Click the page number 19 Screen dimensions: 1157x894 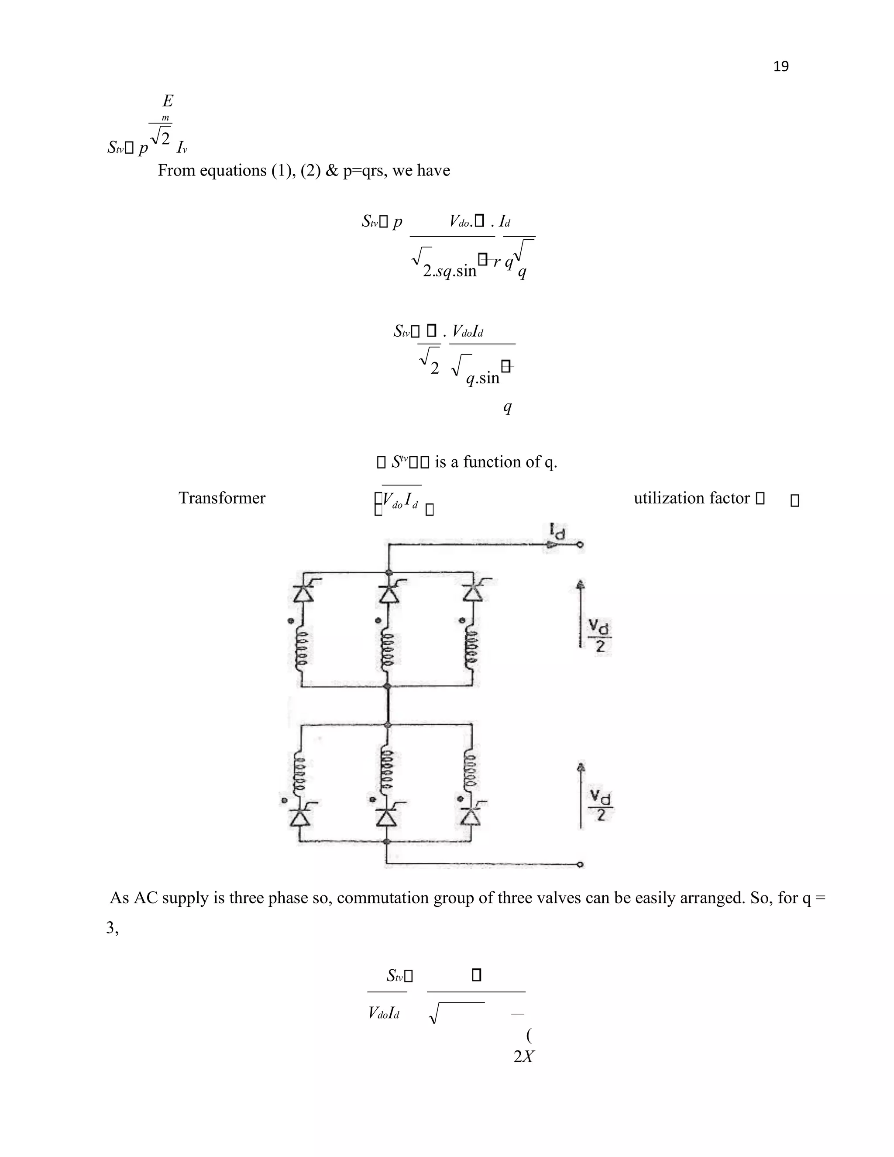tap(781, 66)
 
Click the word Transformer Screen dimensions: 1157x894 tap(222, 498)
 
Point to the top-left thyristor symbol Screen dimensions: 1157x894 tap(303, 593)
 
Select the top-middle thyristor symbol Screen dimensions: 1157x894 tap(389, 593)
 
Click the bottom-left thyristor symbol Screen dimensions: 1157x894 tap(300, 816)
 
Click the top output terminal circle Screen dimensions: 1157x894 tap(581, 544)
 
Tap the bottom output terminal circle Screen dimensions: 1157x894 tap(581, 864)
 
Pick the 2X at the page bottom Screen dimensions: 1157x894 tap(523, 1057)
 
